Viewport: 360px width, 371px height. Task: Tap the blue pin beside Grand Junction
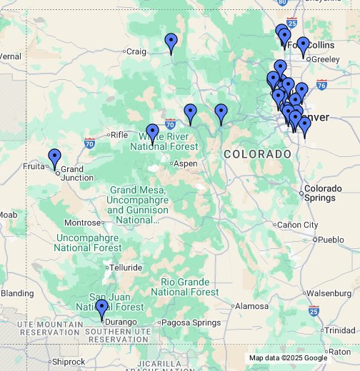[x=55, y=158]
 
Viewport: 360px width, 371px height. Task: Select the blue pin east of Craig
[x=171, y=43]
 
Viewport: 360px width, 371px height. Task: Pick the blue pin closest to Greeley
[x=303, y=47]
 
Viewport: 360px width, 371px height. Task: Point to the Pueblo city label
[x=331, y=240]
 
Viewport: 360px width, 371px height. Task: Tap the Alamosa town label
[x=252, y=306]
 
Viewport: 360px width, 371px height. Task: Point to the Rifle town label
[x=119, y=134]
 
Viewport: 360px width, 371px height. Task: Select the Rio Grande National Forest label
[x=185, y=287]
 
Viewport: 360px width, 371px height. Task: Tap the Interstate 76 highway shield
[x=321, y=84]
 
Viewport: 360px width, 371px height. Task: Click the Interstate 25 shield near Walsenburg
[x=314, y=310]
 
